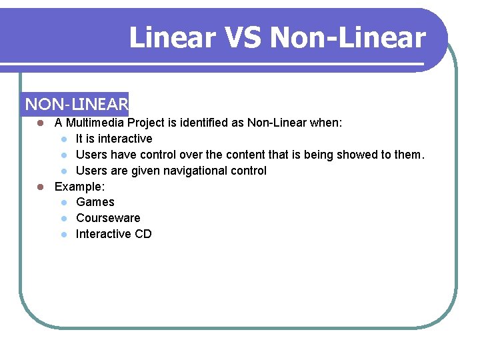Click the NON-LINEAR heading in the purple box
pyautogui.click(x=76, y=105)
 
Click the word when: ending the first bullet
pyautogui.click(x=326, y=123)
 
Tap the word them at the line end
pyautogui.click(x=408, y=155)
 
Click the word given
pyautogui.click(x=145, y=171)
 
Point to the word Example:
pyautogui.click(x=79, y=187)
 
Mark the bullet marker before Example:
pyautogui.click(x=41, y=187)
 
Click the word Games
pyautogui.click(x=95, y=202)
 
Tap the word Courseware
pyautogui.click(x=108, y=218)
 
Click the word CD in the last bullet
pyautogui.click(x=143, y=234)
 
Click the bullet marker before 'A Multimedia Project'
pyautogui.click(x=41, y=123)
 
